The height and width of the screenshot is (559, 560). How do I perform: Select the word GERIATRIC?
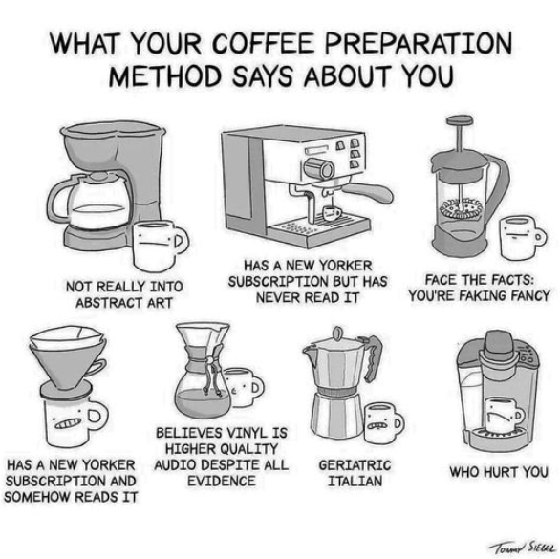[355, 465]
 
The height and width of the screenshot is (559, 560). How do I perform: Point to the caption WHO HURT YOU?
[499, 472]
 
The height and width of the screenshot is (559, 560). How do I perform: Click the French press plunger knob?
[460, 120]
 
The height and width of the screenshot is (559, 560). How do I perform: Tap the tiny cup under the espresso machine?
[332, 213]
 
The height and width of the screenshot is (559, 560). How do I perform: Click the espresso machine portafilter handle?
[369, 192]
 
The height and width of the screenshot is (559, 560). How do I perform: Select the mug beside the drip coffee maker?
[160, 245]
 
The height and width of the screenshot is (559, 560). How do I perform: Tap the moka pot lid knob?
[336, 333]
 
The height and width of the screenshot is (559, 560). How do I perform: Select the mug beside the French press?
[521, 237]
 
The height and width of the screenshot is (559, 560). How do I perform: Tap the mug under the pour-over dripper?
[74, 422]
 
